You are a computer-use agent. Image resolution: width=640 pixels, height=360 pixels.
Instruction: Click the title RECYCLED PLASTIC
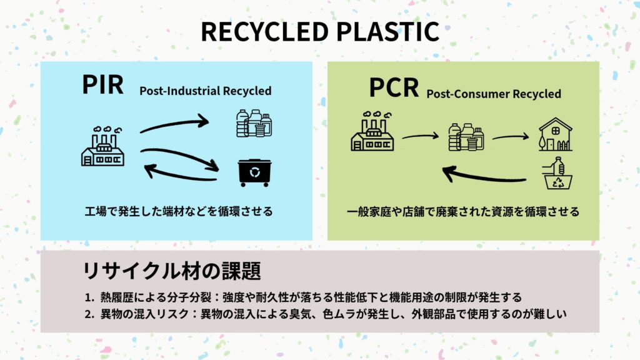click(x=319, y=32)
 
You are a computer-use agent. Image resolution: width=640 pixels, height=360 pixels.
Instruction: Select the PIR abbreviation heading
click(x=102, y=85)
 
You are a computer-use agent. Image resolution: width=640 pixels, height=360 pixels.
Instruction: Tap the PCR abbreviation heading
click(x=393, y=88)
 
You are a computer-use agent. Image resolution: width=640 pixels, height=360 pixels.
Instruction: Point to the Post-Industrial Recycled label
click(x=205, y=91)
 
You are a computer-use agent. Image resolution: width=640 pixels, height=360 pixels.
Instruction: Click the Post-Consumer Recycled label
click(x=494, y=94)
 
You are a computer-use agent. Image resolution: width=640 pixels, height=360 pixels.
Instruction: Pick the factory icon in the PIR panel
click(x=103, y=147)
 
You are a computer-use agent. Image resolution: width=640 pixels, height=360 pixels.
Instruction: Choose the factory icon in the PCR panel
click(x=372, y=132)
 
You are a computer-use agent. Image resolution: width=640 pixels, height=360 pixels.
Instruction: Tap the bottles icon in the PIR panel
click(x=253, y=123)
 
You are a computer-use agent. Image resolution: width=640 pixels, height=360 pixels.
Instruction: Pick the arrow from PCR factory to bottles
click(x=421, y=136)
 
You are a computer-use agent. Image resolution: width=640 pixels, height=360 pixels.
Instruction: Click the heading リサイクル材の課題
click(x=172, y=271)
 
